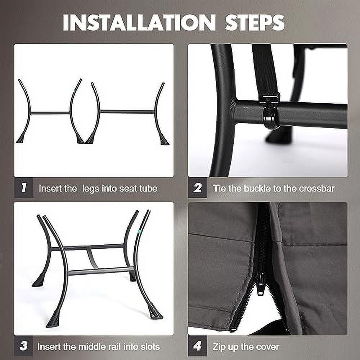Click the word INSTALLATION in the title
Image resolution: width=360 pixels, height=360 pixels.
pos(139,22)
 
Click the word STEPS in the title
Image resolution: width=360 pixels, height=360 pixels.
pos(255,22)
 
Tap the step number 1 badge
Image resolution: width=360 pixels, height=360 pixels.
pos(24,188)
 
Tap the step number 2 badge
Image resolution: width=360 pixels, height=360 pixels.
pos(197,188)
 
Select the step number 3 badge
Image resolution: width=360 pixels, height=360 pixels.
pos(23,346)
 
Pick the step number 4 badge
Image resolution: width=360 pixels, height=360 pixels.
pos(197,346)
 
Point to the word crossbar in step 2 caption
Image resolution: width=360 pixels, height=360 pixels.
pos(317,188)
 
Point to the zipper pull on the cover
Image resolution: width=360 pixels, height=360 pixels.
pos(260,284)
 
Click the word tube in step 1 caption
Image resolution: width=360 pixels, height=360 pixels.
pos(148,188)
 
